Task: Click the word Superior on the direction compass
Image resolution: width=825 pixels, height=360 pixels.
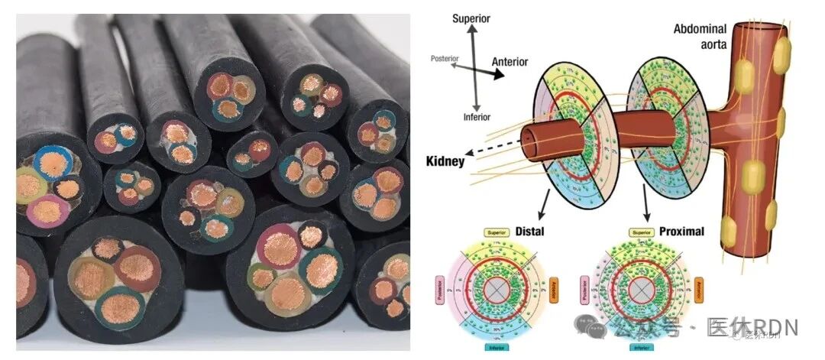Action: coord(471,18)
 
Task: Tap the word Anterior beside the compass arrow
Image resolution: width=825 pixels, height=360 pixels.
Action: coord(510,62)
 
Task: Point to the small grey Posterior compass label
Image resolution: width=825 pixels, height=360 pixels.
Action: coord(444,58)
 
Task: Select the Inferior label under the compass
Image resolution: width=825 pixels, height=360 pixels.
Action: coord(477,117)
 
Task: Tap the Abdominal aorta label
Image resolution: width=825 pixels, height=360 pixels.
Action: coord(700,36)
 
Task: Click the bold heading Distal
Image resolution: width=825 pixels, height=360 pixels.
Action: coord(529,230)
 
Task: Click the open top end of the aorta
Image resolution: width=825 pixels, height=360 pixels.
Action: coord(762,30)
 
